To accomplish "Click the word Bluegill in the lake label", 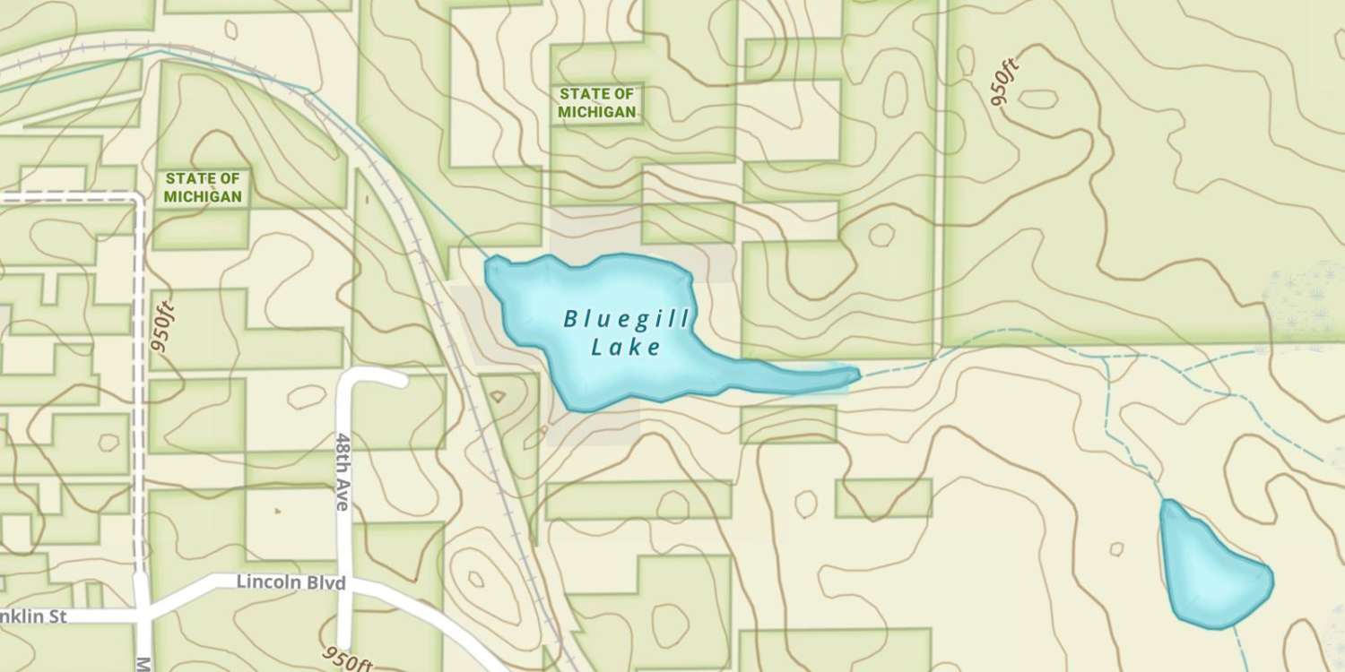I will (x=627, y=319).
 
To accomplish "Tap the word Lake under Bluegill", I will (x=626, y=348).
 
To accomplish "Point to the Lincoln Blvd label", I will (x=291, y=582).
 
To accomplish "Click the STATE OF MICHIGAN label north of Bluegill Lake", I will (x=597, y=103).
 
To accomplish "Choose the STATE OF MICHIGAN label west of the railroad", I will (x=203, y=187).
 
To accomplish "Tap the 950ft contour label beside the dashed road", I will (x=163, y=327).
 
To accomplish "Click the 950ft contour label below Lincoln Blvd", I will (x=348, y=659).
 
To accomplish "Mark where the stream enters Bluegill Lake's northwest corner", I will (x=490, y=260).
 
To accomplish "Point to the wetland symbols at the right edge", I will (x=1305, y=305).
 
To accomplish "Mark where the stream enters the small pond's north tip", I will (x=1166, y=502).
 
